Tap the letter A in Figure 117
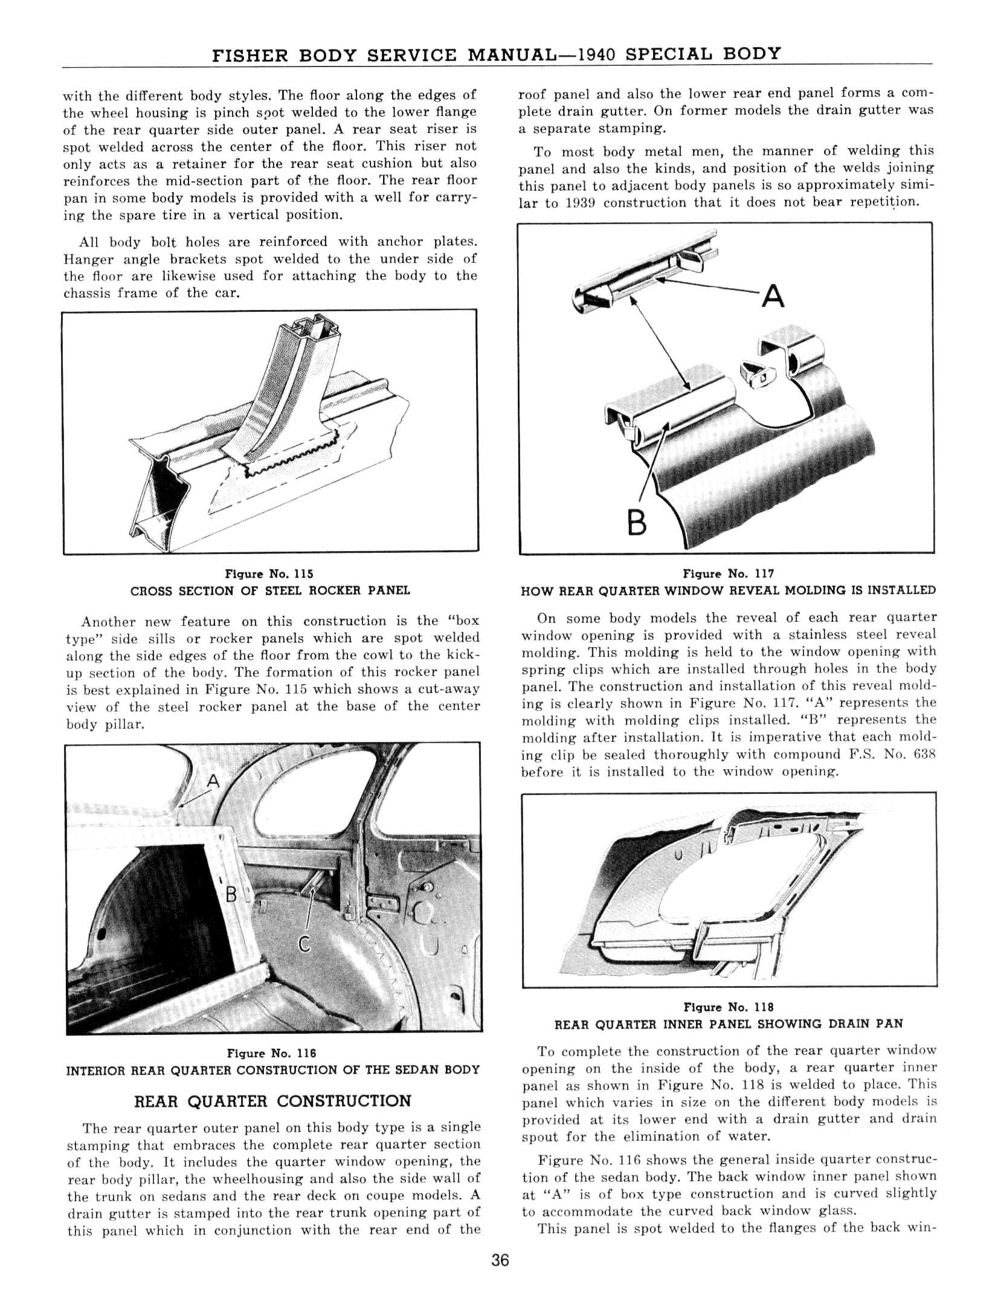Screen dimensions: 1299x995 (773, 297)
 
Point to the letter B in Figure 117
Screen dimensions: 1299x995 (637, 524)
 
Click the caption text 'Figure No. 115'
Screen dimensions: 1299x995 (269, 573)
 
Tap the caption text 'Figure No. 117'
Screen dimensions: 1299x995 (728, 573)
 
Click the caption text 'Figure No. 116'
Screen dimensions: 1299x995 (271, 1053)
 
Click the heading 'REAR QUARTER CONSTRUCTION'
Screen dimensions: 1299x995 (272, 1101)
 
